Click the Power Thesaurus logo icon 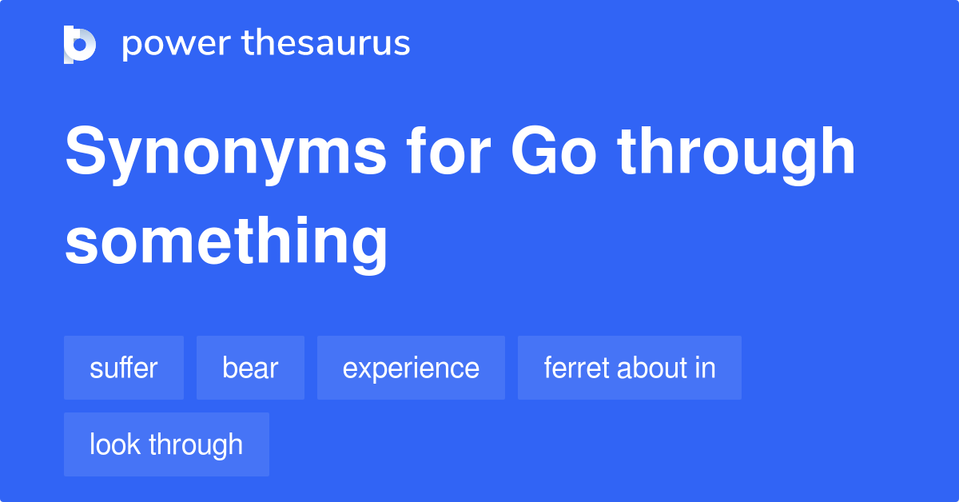(x=80, y=44)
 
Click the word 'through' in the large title (x=736, y=153)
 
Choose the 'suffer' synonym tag (x=124, y=368)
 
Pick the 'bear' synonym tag (x=250, y=368)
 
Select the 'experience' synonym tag (x=411, y=368)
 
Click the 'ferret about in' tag (x=629, y=368)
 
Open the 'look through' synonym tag (x=166, y=444)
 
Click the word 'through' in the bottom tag (x=193, y=444)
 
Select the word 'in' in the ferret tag (x=706, y=368)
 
